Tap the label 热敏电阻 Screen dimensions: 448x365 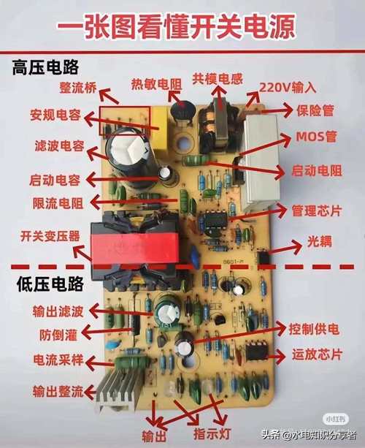[x=155, y=84]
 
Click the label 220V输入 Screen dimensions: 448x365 [x=288, y=88]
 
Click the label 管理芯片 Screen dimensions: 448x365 [x=316, y=211]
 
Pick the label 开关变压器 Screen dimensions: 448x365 [x=50, y=236]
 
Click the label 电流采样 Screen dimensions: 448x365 [x=59, y=360]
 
